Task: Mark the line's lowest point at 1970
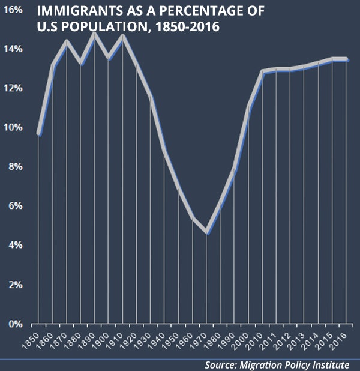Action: (206, 232)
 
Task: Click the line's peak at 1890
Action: (94, 34)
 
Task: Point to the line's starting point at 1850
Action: (39, 133)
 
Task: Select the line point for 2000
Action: (248, 107)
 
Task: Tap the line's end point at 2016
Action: (346, 59)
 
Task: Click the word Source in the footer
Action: (221, 364)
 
